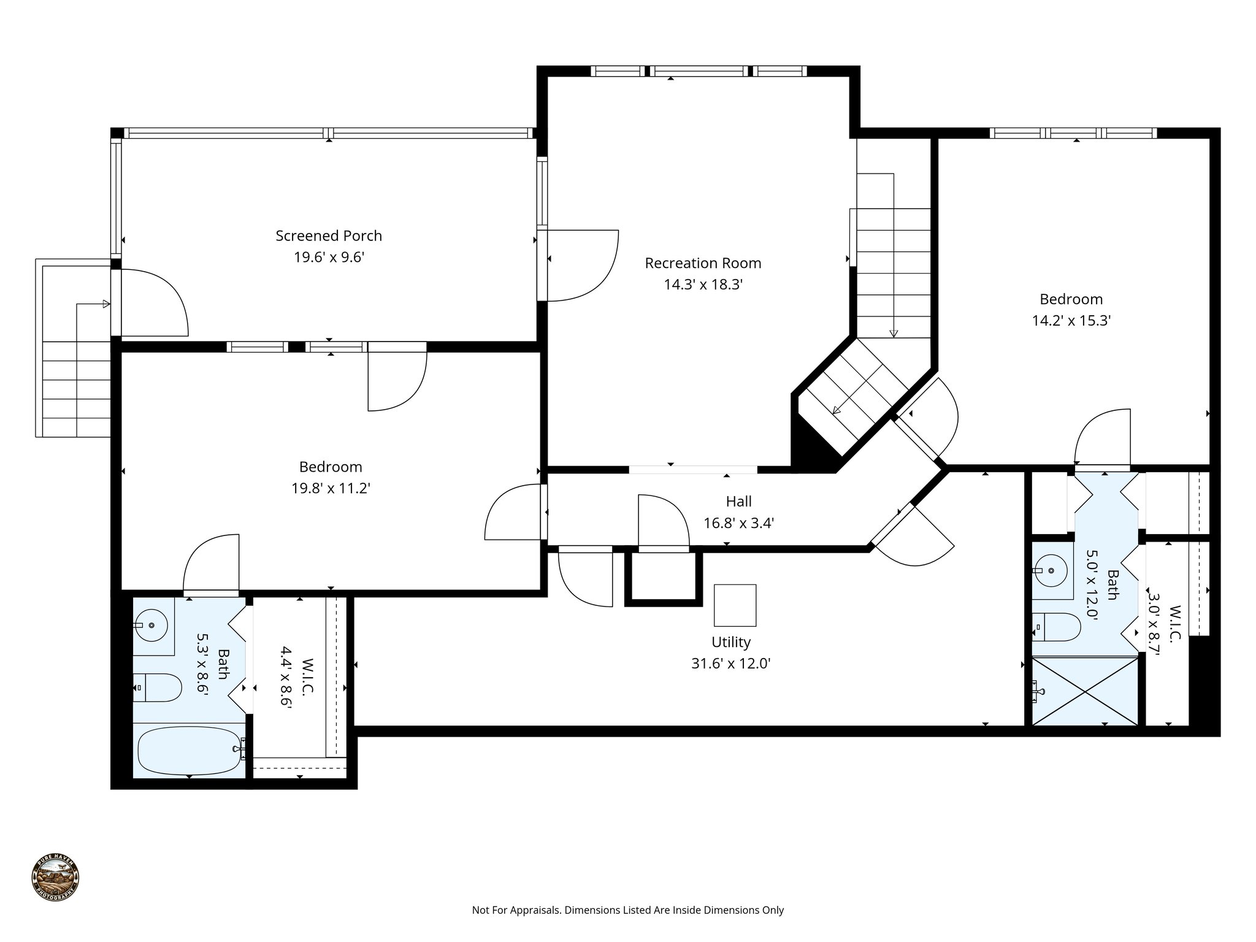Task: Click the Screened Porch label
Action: (x=329, y=235)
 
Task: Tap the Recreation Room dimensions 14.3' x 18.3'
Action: (x=703, y=285)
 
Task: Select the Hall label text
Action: (x=738, y=502)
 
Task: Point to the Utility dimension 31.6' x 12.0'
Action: (x=730, y=664)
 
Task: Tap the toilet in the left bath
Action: (x=158, y=688)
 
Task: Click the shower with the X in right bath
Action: (x=1085, y=692)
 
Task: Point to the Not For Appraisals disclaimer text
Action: (x=627, y=910)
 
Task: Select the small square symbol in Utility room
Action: (x=735, y=605)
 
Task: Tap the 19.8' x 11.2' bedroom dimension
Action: (x=331, y=489)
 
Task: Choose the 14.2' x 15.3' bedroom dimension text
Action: (x=1071, y=321)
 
